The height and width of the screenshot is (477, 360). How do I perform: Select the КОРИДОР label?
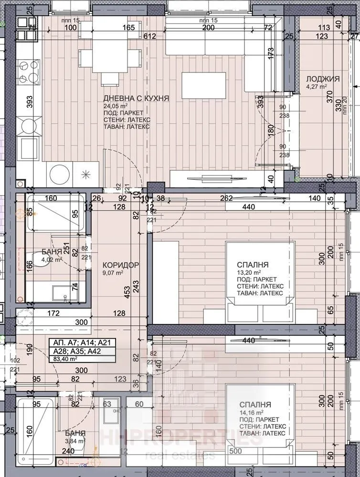point(120,265)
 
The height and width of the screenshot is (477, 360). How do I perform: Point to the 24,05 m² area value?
point(116,105)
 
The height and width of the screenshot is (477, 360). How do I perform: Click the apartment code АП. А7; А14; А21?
point(84,342)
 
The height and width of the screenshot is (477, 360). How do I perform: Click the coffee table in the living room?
point(203,85)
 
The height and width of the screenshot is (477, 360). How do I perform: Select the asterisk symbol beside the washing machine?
point(86,174)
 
